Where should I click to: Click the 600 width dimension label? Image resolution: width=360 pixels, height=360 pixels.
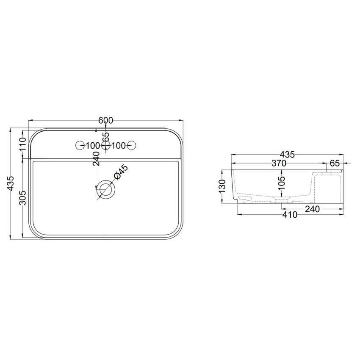coord(105,120)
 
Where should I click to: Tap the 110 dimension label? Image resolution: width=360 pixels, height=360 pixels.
coord(24,145)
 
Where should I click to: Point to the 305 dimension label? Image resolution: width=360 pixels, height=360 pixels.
coord(24,197)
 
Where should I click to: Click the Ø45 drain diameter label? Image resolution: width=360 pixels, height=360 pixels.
coord(120,174)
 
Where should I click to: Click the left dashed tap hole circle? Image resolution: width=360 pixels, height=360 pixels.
coord(79,146)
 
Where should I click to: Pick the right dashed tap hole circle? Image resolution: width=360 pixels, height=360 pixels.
coord(132,146)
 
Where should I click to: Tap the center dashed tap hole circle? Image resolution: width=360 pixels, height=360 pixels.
coord(105,146)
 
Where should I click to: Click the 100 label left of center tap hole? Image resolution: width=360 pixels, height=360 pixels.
coord(92,146)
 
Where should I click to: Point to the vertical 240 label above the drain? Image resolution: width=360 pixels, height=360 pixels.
coord(97,158)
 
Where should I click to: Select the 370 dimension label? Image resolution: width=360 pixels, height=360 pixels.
coord(279,163)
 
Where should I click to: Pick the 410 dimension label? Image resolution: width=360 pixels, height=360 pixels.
coord(289,215)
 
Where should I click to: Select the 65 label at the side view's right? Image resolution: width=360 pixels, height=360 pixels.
coord(335,163)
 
